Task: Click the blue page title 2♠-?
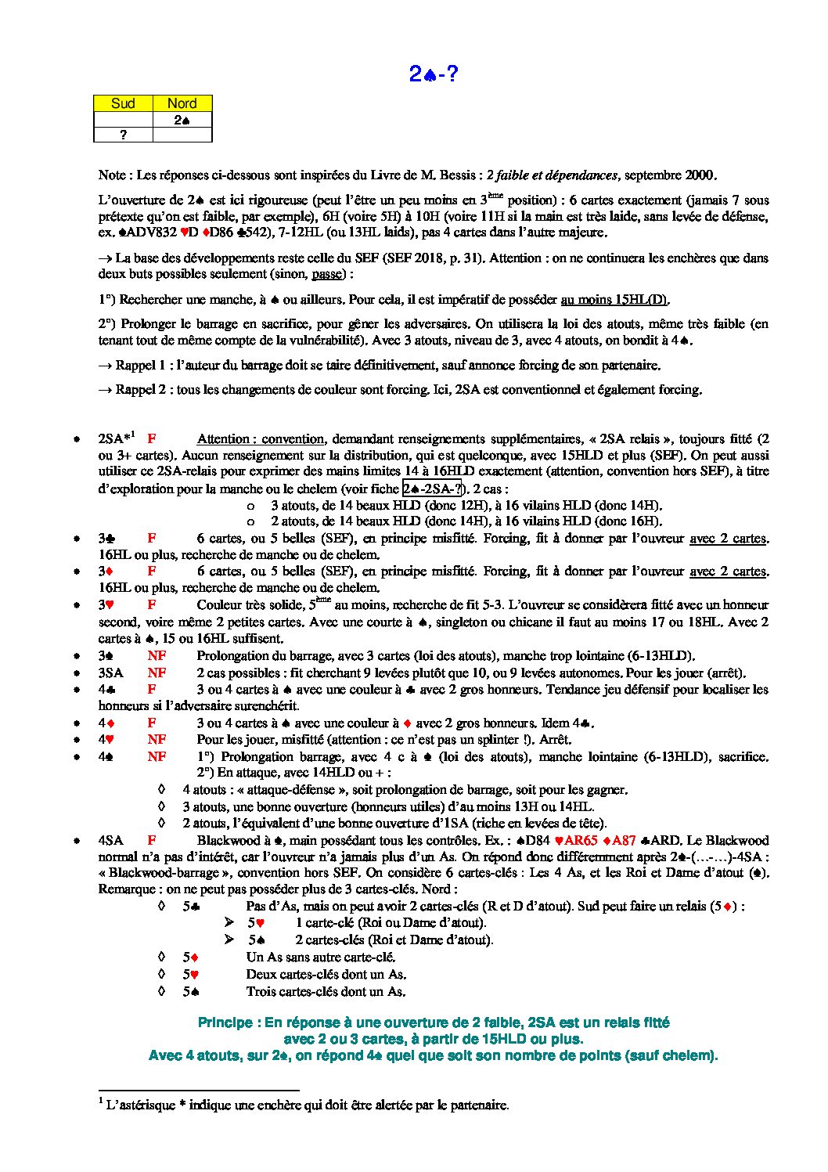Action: [x=433, y=74]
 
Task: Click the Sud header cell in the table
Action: [x=123, y=103]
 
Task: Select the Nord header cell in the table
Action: [x=182, y=103]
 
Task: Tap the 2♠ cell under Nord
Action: [x=182, y=120]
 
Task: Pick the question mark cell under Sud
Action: [x=123, y=135]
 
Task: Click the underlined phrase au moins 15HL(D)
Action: [x=615, y=300]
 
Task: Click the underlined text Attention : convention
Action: [x=260, y=439]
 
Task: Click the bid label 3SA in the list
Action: [x=110, y=673]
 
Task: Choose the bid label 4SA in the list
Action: [x=110, y=841]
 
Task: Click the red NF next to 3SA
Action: [x=157, y=673]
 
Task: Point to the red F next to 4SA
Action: [x=152, y=841]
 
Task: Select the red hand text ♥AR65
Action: [x=575, y=841]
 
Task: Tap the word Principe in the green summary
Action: [x=225, y=1022]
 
